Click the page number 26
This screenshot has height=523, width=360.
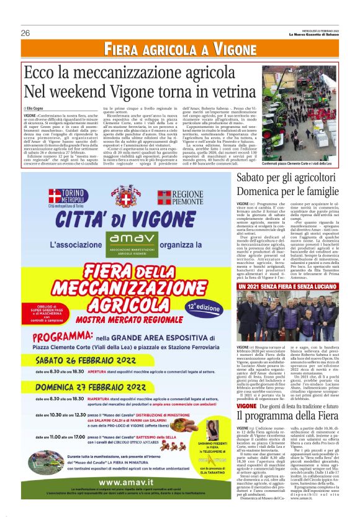coord(25,33)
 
